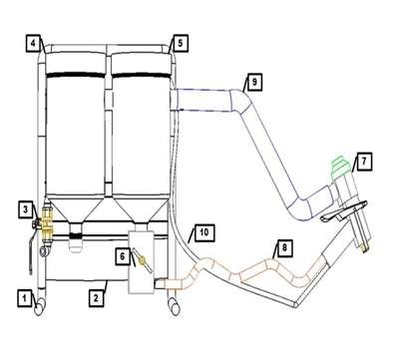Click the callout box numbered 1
24,298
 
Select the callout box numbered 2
96,298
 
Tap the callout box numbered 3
26,209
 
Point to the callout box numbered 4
34,43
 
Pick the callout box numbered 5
180,43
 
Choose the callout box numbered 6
123,256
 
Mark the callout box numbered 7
363,162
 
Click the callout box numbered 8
284,247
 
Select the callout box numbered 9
254,82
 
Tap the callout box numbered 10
204,232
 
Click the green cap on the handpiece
340,166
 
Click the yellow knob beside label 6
143,260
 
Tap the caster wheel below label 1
40,307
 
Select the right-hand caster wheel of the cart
175,307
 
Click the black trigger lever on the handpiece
342,211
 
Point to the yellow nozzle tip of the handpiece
364,248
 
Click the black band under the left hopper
76,236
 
